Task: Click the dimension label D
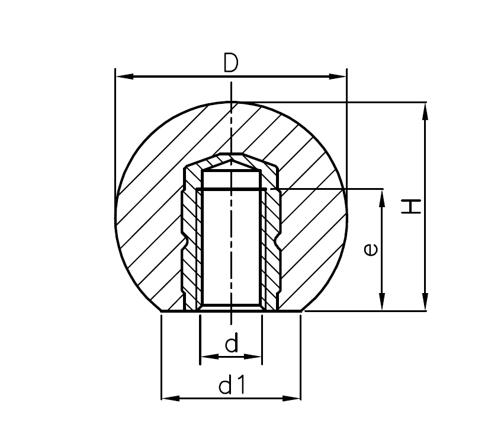pos(230,62)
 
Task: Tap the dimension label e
pos(370,250)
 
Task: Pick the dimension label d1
pos(232,386)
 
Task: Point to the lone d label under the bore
pos(232,343)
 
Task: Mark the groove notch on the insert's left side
pos(185,242)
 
